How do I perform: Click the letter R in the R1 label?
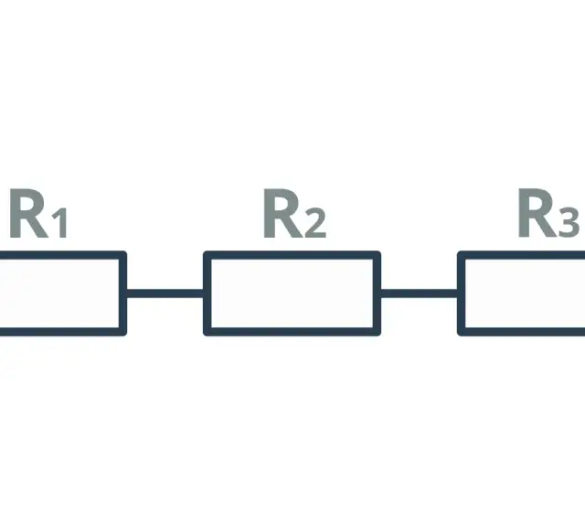28,214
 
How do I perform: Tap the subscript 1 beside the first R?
59,223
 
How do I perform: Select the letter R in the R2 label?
283,213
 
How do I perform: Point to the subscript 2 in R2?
315,223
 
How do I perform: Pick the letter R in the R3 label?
537,213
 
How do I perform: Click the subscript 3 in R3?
569,223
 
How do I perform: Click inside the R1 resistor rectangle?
59,293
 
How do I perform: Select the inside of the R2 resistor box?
292,293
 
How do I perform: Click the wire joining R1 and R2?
165,293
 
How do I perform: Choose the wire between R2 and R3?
419,293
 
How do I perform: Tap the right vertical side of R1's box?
123,293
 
